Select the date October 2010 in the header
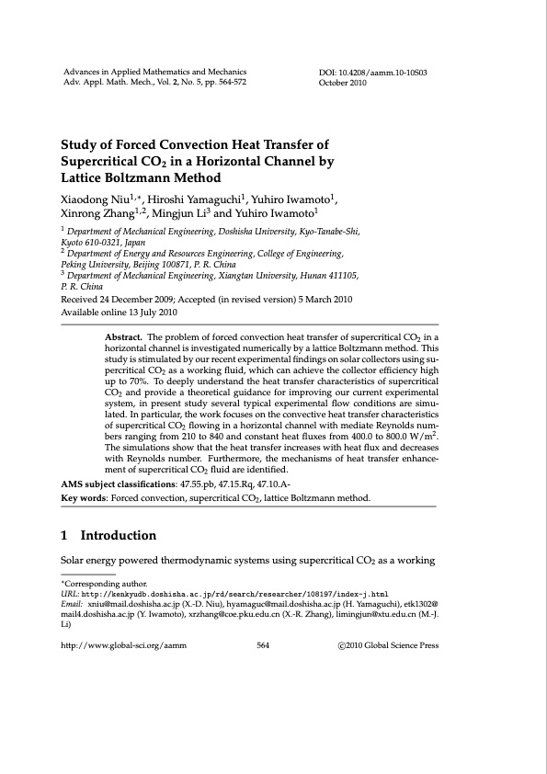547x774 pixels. point(343,83)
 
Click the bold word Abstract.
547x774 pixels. point(125,337)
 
